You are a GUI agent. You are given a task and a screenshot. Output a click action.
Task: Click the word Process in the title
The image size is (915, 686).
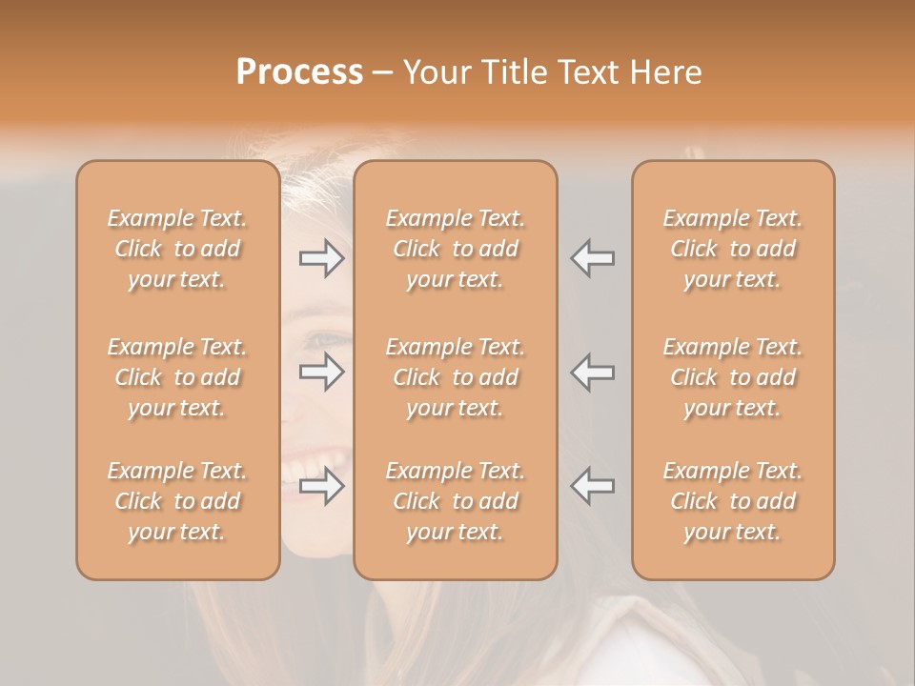click(299, 72)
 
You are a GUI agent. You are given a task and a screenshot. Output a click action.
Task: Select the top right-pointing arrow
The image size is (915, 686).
click(322, 258)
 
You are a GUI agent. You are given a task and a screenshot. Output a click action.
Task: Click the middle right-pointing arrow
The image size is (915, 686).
click(322, 372)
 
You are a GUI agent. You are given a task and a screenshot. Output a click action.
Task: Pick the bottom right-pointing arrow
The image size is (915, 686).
click(322, 487)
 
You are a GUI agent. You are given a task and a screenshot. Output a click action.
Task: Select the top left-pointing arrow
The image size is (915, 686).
click(592, 258)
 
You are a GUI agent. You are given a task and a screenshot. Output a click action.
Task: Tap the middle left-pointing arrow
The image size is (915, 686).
click(592, 372)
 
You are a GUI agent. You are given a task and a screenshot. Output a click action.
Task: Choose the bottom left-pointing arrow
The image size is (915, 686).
click(592, 487)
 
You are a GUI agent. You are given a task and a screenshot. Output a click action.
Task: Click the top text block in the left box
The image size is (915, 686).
click(177, 249)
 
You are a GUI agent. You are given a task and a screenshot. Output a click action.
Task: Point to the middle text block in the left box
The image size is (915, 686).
click(177, 377)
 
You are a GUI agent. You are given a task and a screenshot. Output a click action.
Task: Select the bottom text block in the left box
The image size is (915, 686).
click(177, 501)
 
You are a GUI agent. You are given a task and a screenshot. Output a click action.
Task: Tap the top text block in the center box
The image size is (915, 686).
click(456, 249)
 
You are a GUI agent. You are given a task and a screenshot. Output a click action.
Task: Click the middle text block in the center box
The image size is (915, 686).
click(456, 377)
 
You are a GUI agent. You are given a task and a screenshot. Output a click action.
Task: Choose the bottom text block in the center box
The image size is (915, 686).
click(456, 501)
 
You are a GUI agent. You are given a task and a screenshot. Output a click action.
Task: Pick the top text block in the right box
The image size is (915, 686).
click(733, 249)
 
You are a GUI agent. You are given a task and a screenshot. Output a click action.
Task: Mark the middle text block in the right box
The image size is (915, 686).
click(733, 377)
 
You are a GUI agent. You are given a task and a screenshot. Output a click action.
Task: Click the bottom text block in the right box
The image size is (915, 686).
click(733, 501)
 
